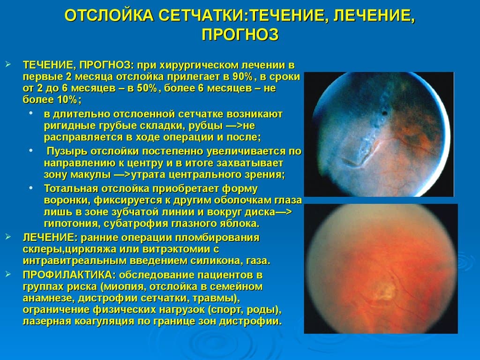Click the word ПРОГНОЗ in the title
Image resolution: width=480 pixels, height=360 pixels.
(x=240, y=34)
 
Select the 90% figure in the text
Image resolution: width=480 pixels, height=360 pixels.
(x=242, y=76)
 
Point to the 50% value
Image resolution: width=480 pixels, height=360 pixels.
(x=147, y=88)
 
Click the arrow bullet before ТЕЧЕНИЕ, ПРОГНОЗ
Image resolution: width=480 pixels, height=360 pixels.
(x=8, y=65)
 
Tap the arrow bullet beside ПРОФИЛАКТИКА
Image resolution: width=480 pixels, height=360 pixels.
(x=8, y=274)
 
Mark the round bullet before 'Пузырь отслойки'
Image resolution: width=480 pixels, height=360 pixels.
(x=31, y=150)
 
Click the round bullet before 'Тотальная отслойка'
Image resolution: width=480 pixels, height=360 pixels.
(x=31, y=188)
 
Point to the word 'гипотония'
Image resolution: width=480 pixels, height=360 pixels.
(x=70, y=224)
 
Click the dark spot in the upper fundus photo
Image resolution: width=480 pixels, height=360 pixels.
(x=385, y=113)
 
